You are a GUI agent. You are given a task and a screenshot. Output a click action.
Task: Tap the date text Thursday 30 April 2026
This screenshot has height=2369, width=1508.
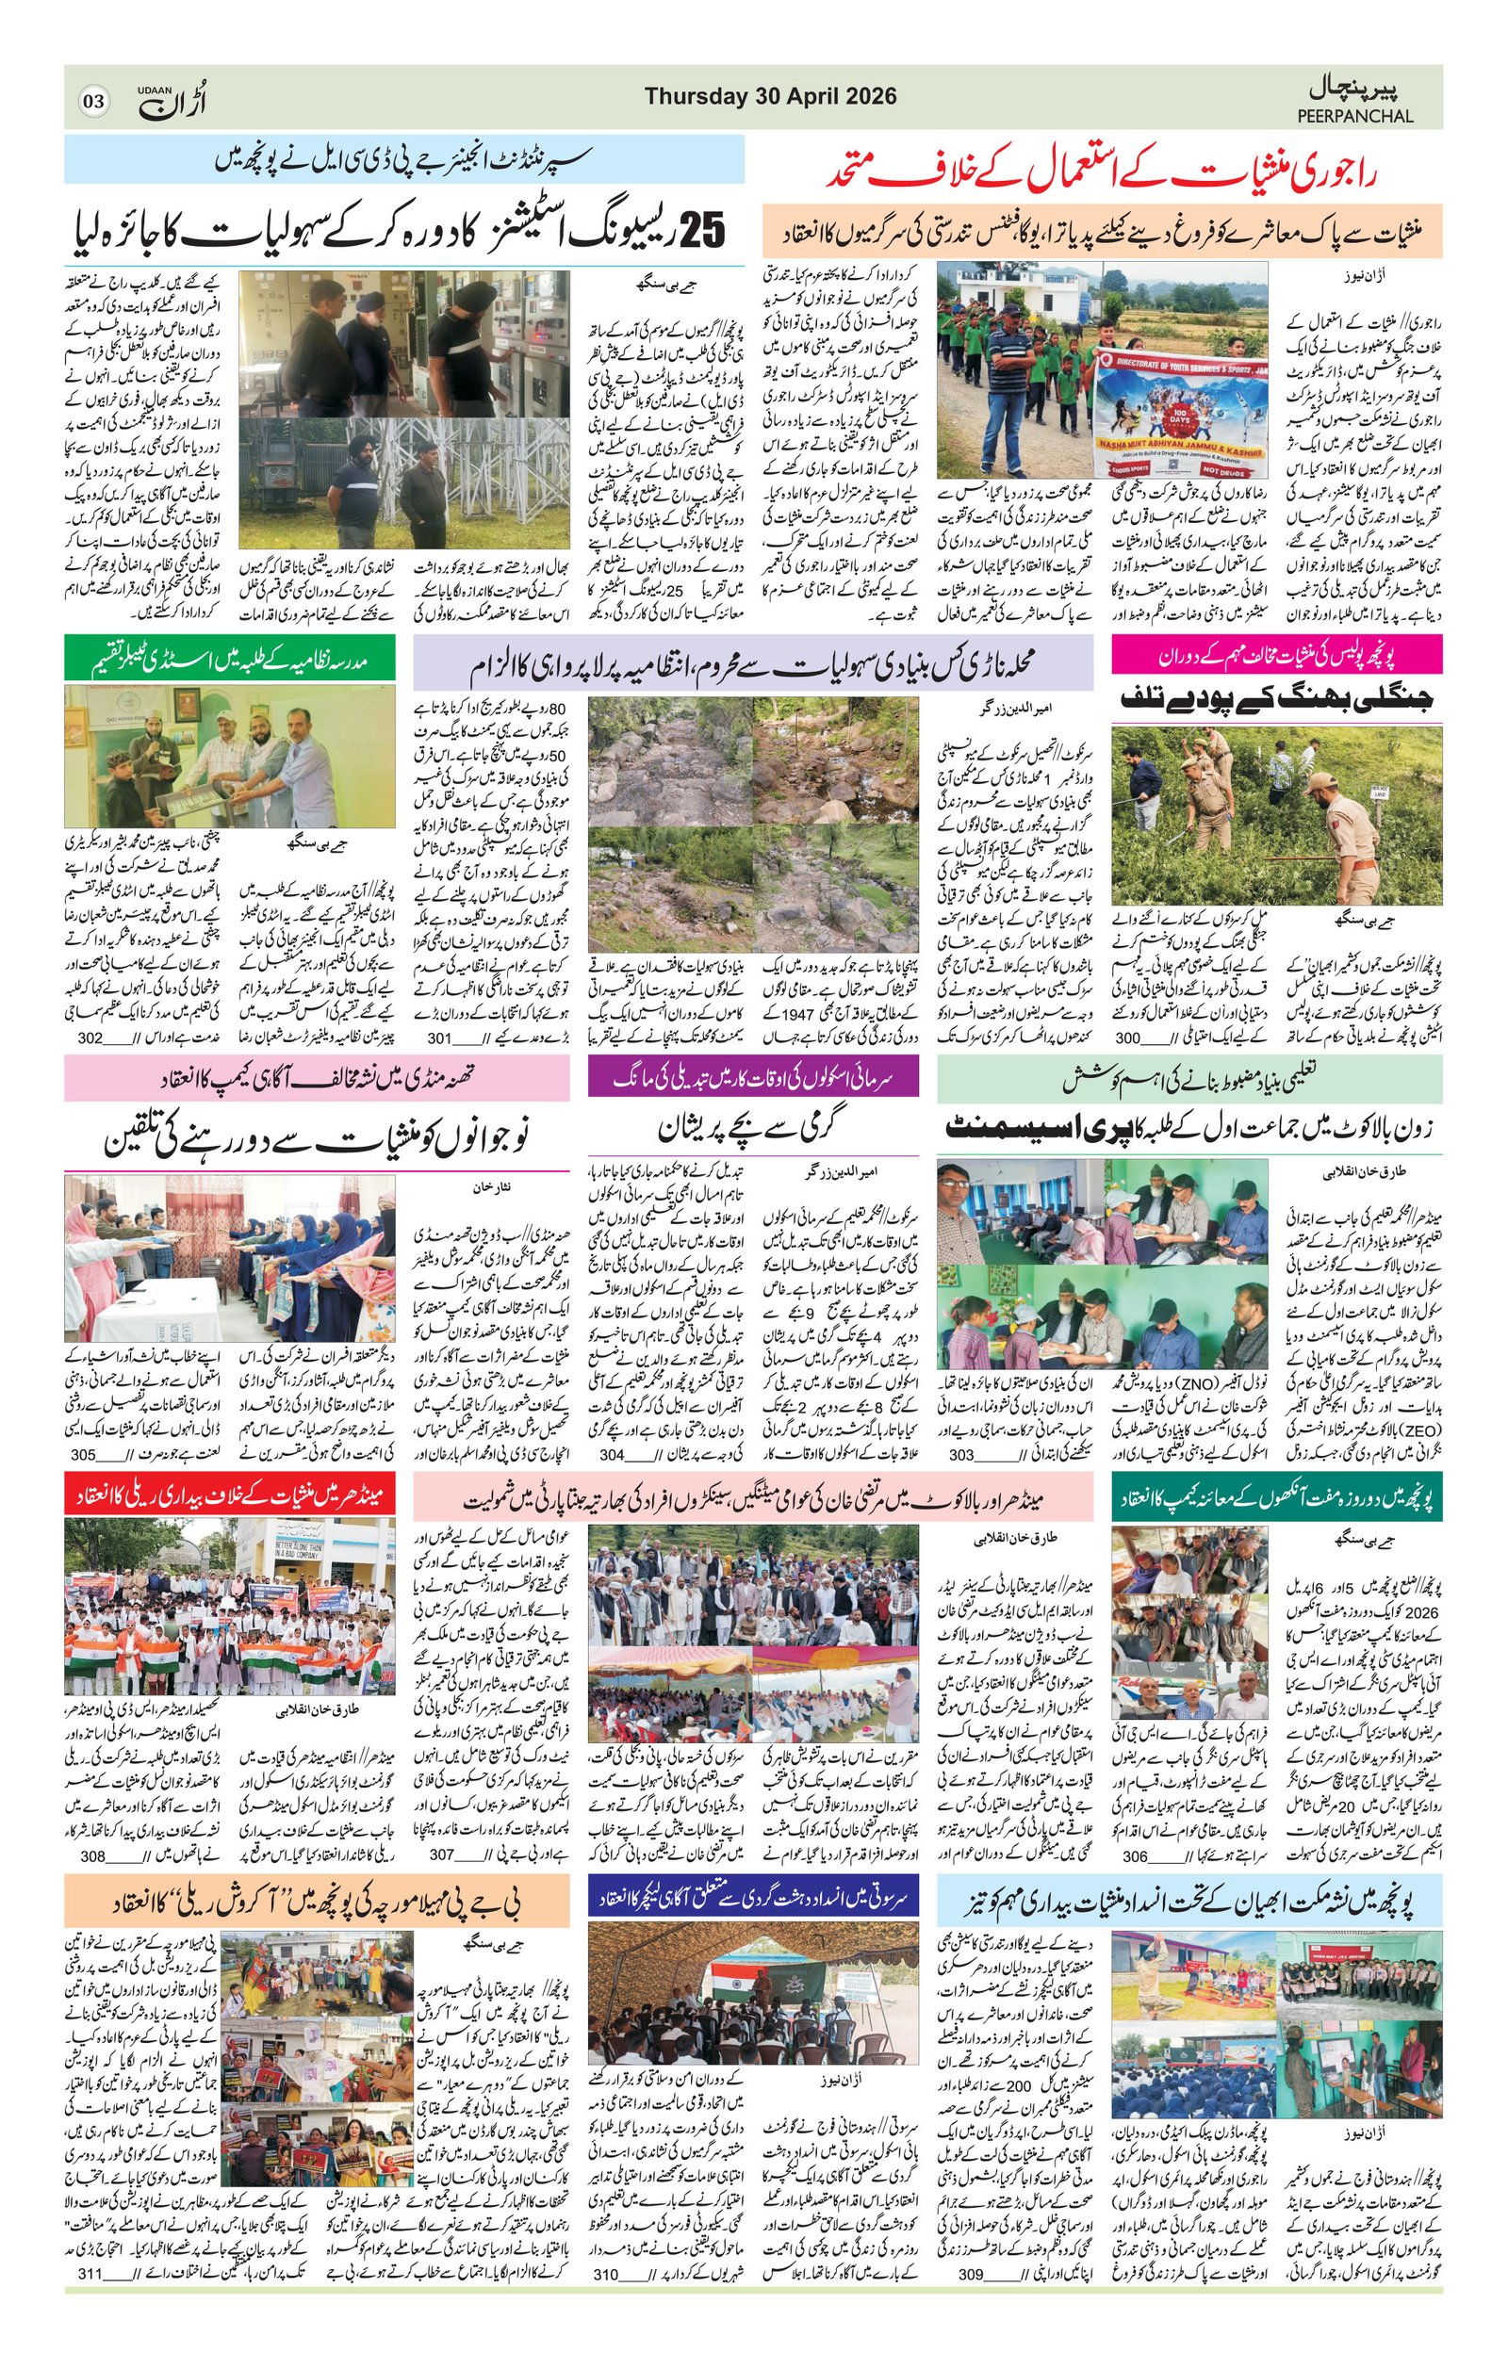click(x=770, y=95)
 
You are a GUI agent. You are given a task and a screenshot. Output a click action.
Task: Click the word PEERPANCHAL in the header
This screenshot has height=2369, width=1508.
click(x=1354, y=116)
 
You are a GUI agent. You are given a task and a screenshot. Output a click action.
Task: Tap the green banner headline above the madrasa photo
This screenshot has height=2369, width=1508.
click(x=229, y=655)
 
